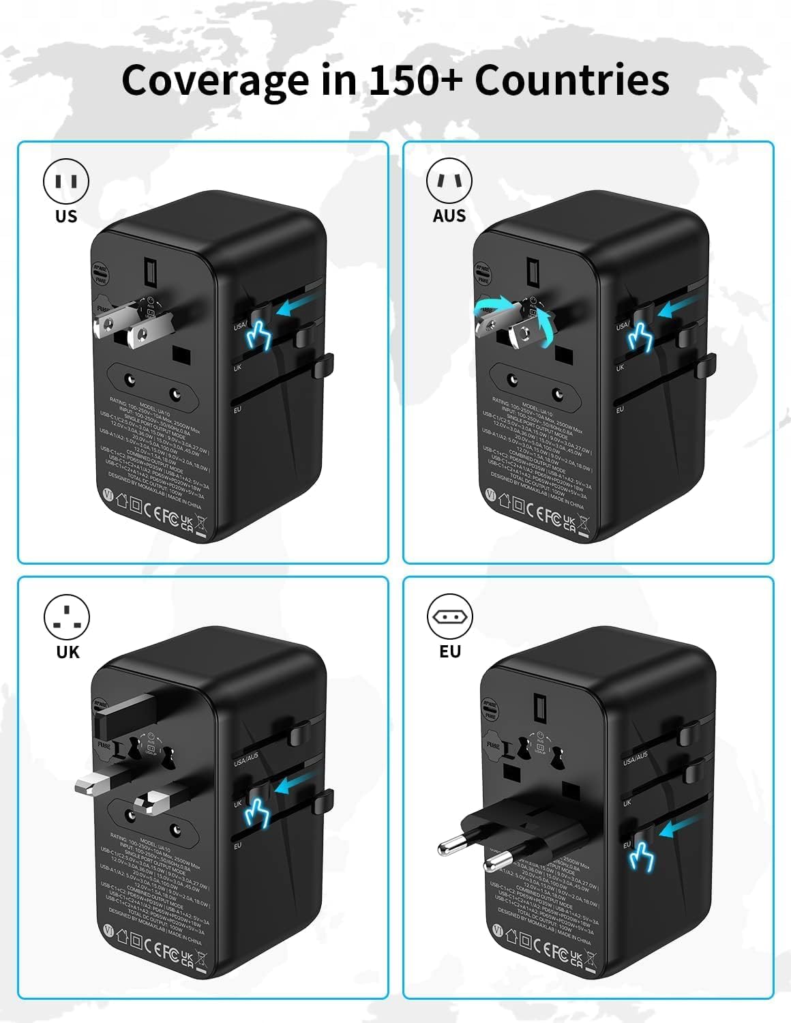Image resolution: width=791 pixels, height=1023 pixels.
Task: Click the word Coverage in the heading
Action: [214, 80]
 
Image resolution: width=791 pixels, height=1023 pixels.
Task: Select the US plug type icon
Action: [66, 181]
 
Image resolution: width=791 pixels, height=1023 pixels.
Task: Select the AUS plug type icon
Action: [449, 181]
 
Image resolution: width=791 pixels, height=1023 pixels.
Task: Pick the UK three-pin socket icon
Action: [66, 617]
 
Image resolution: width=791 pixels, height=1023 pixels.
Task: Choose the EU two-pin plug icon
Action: [449, 617]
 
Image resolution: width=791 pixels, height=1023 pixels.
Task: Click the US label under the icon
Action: [66, 216]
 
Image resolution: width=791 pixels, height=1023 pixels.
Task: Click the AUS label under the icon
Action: [449, 216]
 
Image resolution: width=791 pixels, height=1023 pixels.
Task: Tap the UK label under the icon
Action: [68, 652]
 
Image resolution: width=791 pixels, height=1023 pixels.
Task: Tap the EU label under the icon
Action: [450, 652]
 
